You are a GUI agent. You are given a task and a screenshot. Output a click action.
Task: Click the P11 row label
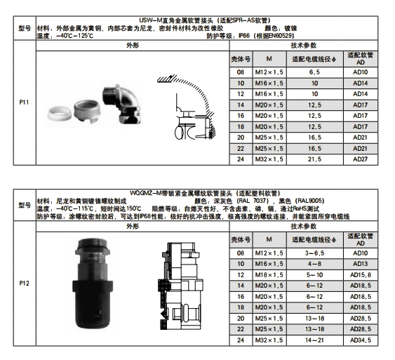24,102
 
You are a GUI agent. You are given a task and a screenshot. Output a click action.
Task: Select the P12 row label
24,284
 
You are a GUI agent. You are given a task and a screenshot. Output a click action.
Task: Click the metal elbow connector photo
121,103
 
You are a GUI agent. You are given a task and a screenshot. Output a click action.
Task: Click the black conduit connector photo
93,284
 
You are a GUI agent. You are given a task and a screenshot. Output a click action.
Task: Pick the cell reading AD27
361,159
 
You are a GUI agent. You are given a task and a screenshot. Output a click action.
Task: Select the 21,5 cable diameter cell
314,159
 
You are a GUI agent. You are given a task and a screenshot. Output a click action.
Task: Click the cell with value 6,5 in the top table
314,72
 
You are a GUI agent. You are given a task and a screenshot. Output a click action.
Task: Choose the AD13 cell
361,264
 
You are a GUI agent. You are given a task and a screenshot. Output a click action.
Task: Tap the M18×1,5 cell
269,275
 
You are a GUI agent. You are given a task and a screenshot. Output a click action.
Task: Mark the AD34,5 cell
361,340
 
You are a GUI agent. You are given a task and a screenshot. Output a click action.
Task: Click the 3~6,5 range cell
314,253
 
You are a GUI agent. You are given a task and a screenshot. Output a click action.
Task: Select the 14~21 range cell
314,340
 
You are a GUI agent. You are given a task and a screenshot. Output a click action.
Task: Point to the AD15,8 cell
361,275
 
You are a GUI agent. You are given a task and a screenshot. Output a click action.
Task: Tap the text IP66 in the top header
244,36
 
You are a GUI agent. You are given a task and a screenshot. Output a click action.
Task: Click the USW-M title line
205,20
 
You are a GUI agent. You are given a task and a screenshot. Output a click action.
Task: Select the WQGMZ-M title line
205,193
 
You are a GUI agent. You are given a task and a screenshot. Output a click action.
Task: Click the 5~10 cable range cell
314,275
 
